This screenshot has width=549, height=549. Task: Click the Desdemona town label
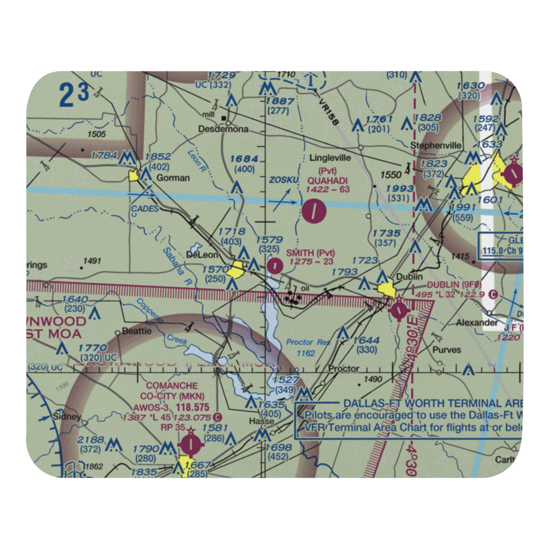click(x=223, y=130)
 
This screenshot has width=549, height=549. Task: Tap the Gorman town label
click(x=173, y=178)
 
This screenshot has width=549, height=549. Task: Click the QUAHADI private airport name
click(x=328, y=180)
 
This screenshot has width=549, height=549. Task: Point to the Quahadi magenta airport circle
click(x=313, y=210)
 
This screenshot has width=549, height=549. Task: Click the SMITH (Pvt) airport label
click(x=310, y=253)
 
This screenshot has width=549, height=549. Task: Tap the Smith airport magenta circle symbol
click(x=274, y=266)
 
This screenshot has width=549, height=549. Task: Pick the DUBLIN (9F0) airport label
click(x=454, y=285)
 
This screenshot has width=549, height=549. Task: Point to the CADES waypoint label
click(x=145, y=209)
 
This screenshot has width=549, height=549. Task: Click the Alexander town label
click(x=477, y=323)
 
